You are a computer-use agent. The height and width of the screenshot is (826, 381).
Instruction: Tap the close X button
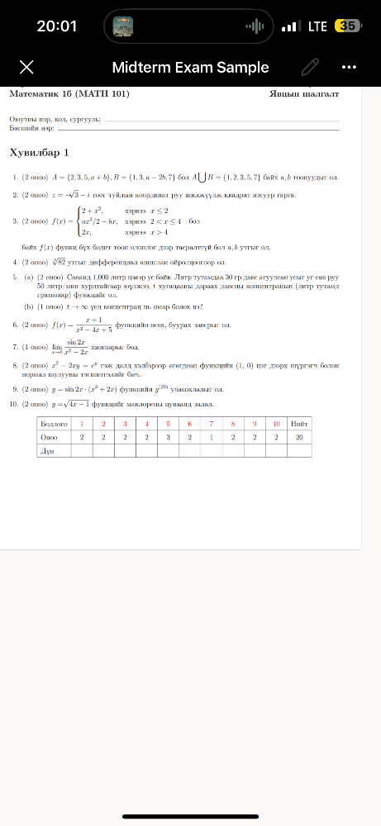click(26, 67)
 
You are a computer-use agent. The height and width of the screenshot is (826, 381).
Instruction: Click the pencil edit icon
click(310, 67)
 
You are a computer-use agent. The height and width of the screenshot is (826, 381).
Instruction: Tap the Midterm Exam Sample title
click(190, 68)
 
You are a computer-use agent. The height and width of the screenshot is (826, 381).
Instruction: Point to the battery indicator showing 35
click(348, 26)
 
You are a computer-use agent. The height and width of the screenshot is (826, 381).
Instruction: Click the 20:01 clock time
click(57, 26)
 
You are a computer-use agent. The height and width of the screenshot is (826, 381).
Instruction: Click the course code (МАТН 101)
click(107, 94)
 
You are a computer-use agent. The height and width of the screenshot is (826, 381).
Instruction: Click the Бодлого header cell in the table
click(52, 422)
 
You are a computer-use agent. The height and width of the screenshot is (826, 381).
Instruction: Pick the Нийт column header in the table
click(299, 422)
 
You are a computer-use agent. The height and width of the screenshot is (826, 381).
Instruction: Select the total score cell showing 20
click(299, 437)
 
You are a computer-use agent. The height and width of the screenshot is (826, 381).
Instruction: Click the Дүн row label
click(47, 452)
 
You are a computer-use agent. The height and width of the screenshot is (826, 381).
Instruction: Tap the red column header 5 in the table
click(168, 422)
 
